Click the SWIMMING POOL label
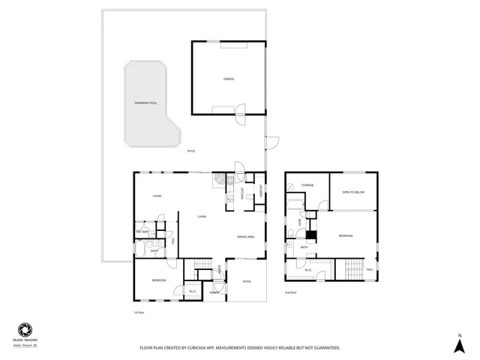click(x=146, y=103)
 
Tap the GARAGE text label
click(x=228, y=79)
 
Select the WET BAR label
click(x=142, y=232)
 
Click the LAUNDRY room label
click(x=260, y=192)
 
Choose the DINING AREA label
click(x=245, y=237)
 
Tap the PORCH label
click(x=214, y=292)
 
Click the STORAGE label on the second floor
click(x=307, y=184)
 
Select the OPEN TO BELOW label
click(x=353, y=192)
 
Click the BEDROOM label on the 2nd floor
click(x=345, y=236)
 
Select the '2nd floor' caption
click(x=291, y=292)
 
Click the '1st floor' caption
click(x=138, y=312)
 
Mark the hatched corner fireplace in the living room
click(x=217, y=180)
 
